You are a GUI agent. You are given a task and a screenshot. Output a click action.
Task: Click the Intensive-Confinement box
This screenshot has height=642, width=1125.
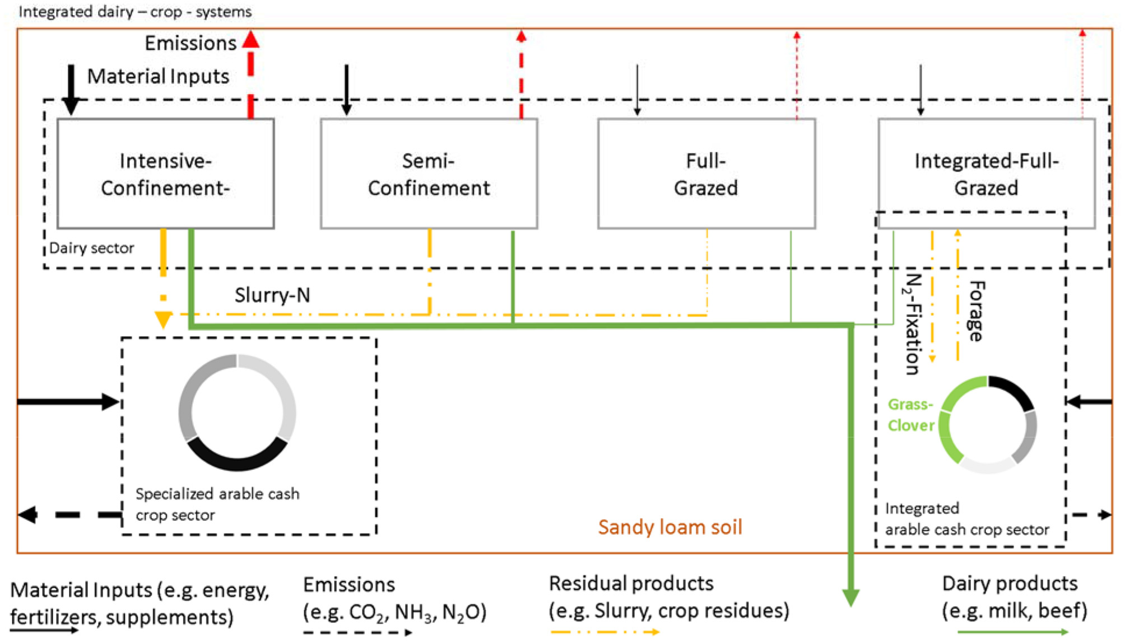[x=165, y=174]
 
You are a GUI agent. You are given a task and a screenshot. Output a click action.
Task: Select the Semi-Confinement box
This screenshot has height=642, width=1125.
[x=429, y=174]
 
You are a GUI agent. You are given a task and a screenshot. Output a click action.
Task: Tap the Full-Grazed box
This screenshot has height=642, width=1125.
[x=706, y=174]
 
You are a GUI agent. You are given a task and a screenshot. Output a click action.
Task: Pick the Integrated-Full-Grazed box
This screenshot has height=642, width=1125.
[x=986, y=174]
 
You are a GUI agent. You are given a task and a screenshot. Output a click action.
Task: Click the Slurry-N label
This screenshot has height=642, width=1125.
[x=272, y=295]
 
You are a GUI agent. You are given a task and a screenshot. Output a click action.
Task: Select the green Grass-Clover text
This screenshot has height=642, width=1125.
[x=910, y=415]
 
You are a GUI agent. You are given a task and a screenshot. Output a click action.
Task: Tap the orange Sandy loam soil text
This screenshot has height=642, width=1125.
[x=670, y=527]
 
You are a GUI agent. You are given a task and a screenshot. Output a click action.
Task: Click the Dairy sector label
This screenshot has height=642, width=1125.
[x=91, y=248]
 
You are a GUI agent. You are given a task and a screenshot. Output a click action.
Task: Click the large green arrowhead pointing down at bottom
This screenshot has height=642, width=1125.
[x=850, y=597]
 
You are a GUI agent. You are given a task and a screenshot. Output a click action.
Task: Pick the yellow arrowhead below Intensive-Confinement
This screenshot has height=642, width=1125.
[x=163, y=320]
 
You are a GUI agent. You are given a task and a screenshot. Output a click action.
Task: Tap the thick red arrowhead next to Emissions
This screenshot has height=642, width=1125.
[x=251, y=39]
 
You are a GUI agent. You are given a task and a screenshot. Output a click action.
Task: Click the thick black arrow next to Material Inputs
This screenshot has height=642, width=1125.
[x=71, y=90]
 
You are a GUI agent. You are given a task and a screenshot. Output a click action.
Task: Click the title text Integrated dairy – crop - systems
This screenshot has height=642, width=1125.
[x=135, y=11]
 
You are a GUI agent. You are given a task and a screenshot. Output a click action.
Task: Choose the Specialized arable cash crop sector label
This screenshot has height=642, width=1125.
[x=217, y=504]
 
